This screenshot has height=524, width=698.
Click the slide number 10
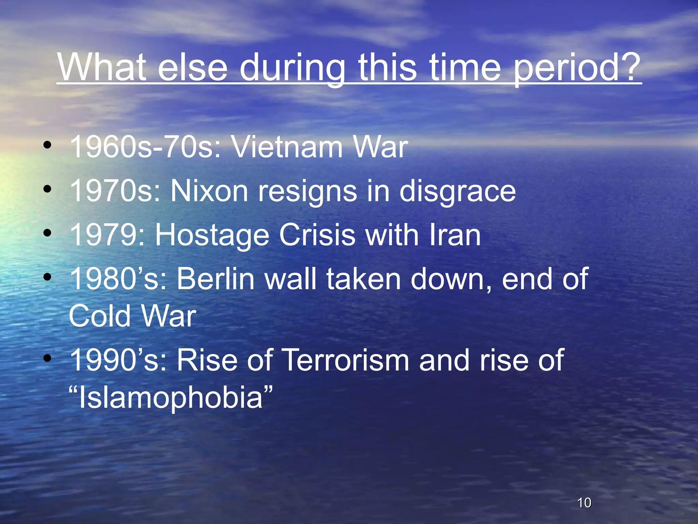click(584, 503)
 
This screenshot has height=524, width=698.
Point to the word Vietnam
click(287, 147)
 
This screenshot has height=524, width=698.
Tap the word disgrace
click(457, 192)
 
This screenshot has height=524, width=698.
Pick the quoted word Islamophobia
click(170, 398)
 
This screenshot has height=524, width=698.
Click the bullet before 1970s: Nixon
click(47, 189)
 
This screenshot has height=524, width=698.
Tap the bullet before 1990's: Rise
click(47, 358)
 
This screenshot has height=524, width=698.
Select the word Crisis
click(317, 235)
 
